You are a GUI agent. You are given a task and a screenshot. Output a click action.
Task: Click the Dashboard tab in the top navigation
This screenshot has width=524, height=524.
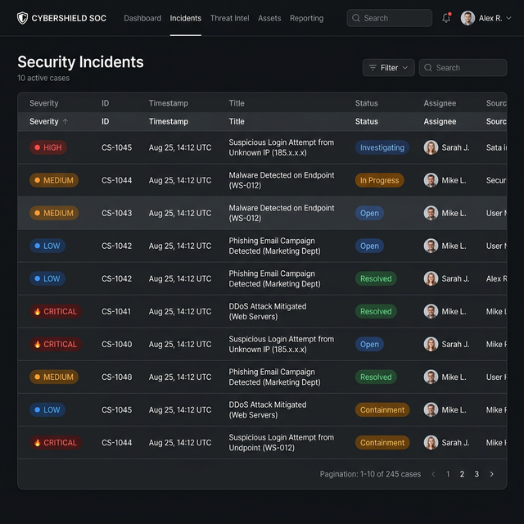(142, 18)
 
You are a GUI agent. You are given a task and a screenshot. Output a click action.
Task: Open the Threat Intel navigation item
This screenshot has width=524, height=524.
(229, 18)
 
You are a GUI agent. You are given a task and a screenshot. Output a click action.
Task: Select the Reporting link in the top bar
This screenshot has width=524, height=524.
(306, 18)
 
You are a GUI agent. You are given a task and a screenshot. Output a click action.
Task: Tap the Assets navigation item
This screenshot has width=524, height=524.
(269, 18)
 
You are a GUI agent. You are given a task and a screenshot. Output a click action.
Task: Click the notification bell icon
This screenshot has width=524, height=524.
(446, 18)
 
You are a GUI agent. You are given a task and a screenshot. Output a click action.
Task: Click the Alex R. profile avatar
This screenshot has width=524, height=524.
(468, 18)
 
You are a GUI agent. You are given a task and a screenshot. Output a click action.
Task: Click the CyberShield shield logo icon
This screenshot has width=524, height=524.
(22, 18)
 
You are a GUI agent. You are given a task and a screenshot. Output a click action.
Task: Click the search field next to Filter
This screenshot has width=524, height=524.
(463, 68)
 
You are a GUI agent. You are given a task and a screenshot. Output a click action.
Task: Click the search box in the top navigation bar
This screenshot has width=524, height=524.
(389, 18)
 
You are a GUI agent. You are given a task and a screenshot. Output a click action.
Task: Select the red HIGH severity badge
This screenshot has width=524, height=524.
(47, 147)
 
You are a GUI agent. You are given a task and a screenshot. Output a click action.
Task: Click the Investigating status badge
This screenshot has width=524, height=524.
(382, 147)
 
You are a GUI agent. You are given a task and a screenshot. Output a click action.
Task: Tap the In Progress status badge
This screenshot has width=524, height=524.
(379, 180)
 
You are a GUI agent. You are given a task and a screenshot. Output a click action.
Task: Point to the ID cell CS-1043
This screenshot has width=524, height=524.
(116, 213)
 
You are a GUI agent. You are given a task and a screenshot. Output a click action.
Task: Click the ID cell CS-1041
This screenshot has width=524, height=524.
(116, 311)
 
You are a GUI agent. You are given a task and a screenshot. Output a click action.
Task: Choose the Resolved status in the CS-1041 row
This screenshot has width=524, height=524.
(376, 311)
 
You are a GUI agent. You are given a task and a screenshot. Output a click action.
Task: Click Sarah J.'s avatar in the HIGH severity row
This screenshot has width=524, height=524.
(431, 147)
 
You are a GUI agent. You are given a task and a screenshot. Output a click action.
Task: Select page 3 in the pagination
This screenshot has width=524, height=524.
(477, 474)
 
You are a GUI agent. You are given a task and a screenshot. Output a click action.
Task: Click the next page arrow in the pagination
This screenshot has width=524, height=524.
(491, 474)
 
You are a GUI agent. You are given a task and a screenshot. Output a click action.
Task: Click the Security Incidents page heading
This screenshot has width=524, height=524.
(80, 62)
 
